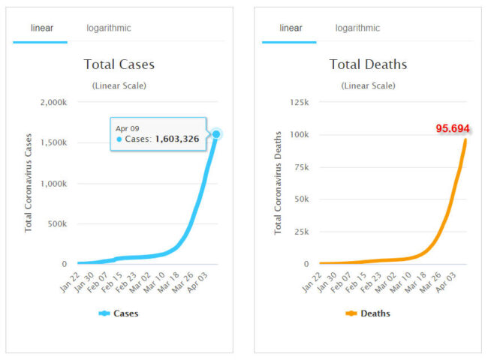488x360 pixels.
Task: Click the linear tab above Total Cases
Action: click(41, 28)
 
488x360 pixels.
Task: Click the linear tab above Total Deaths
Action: click(291, 28)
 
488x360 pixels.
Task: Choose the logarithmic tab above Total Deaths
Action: click(357, 28)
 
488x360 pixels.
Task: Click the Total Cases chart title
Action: click(119, 64)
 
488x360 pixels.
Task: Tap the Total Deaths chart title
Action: click(368, 64)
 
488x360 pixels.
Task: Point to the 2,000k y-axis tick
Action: click(54, 102)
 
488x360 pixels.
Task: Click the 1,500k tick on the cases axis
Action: click(54, 142)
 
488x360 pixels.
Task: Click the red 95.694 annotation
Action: click(453, 128)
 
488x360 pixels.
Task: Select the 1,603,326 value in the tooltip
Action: click(176, 139)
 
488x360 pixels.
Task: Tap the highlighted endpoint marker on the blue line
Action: click(216, 134)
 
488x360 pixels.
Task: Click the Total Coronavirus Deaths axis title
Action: click(278, 183)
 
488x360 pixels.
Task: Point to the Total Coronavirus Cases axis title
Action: click(29, 183)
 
